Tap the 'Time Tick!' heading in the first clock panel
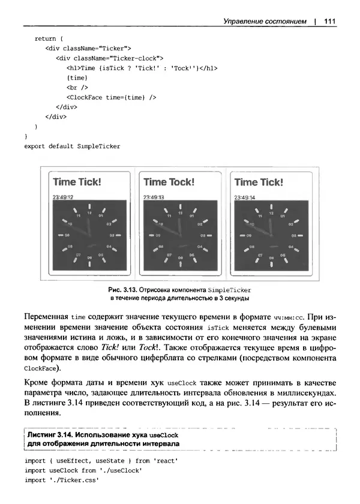77,182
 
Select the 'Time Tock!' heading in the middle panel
169,182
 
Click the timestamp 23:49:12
62,197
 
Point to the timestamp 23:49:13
154,197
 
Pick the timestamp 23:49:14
244,197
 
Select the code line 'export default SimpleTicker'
72,146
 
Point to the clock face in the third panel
271,235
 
